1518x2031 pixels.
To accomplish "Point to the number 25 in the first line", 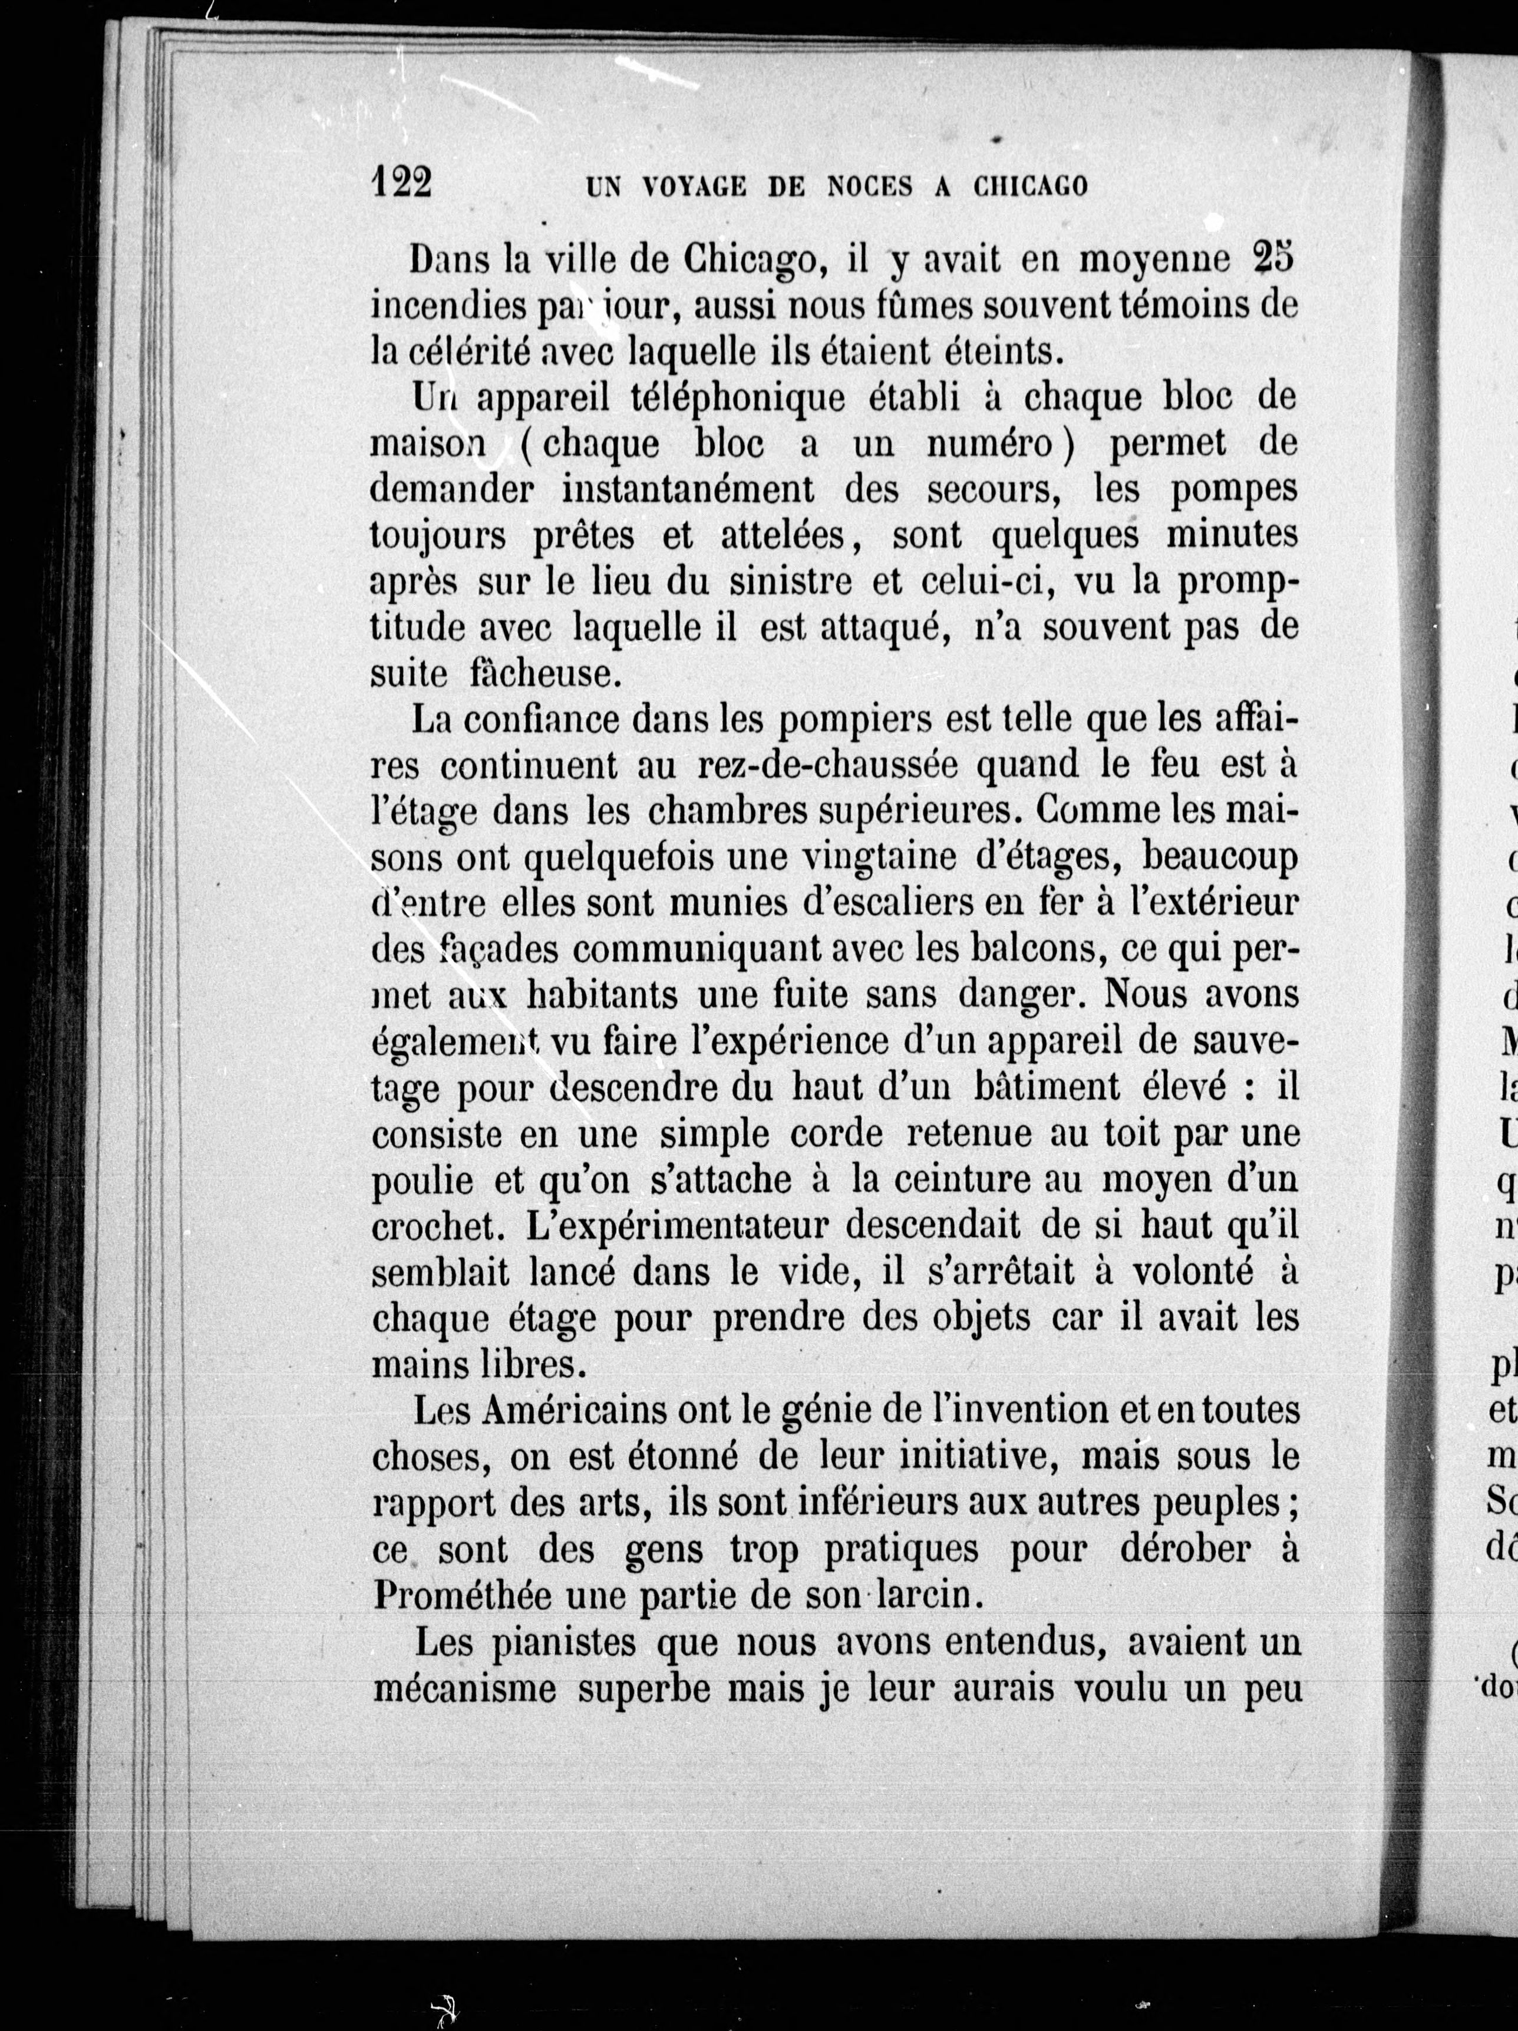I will coord(1272,260).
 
